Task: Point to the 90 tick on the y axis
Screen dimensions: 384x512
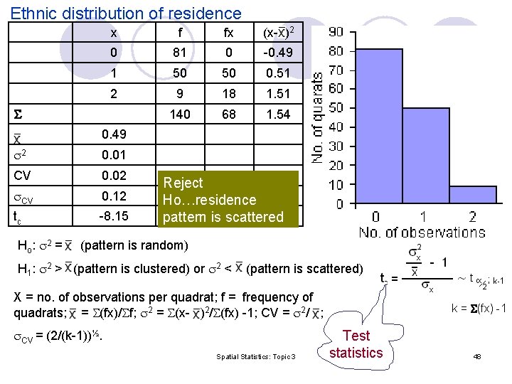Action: (x=336, y=32)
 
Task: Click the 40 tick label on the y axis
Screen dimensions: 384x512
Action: (x=336, y=127)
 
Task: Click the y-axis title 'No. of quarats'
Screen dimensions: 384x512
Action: (x=318, y=117)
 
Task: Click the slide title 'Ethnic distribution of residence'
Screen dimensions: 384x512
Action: (x=127, y=13)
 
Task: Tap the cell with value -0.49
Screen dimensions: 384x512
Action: (x=277, y=53)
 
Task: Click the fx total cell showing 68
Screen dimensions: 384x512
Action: (x=228, y=114)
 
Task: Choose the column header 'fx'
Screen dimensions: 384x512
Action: (x=228, y=33)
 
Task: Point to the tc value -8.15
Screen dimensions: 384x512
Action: (x=114, y=215)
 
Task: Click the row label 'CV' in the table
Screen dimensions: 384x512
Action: (x=22, y=175)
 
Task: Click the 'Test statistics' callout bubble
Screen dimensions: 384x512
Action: (x=356, y=343)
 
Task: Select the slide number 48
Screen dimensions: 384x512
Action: (x=477, y=356)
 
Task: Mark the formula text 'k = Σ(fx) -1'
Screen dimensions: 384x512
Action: (x=479, y=308)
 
